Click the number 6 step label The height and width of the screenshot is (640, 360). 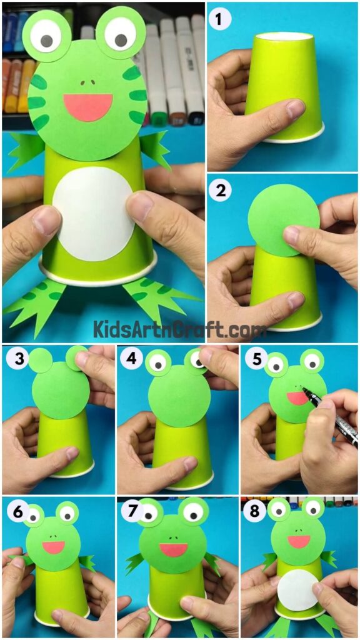[x=15, y=511]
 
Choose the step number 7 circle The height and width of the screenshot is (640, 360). [x=132, y=511]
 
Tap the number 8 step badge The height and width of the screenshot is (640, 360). [x=252, y=511]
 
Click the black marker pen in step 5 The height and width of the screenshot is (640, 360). [x=330, y=418]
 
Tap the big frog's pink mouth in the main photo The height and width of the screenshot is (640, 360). [x=88, y=106]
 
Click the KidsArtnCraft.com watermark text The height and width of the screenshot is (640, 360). [x=179, y=328]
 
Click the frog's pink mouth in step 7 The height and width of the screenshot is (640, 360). [x=174, y=549]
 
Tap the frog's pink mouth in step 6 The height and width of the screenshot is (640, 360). [x=54, y=547]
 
